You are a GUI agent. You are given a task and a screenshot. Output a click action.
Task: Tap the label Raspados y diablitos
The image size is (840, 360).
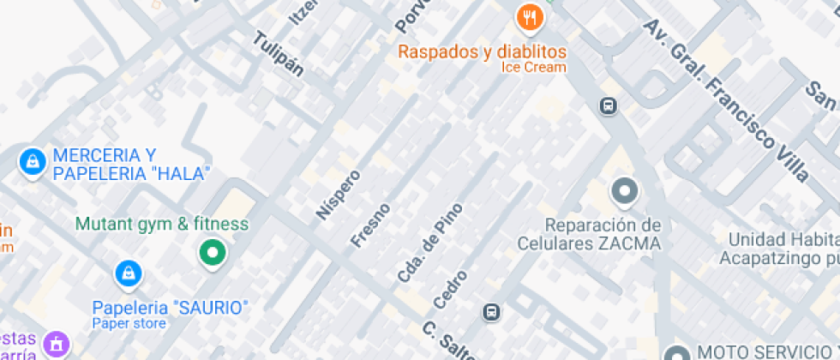pos(483,51)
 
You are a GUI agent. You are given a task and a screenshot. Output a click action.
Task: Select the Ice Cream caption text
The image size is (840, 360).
pos(533,68)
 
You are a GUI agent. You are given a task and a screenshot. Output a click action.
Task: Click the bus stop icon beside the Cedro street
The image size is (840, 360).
pos(492,312)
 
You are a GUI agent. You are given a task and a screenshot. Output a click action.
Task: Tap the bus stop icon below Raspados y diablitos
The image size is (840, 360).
pos(608,106)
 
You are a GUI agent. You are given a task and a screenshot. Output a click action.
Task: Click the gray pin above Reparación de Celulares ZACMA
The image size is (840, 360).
pos(624,191)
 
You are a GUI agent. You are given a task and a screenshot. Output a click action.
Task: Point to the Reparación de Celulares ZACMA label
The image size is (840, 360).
pos(590,234)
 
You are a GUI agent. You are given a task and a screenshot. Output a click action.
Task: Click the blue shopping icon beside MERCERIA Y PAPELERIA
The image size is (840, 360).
pos(33,160)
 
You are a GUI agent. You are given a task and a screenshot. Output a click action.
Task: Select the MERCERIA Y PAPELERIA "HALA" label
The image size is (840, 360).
pos(130,165)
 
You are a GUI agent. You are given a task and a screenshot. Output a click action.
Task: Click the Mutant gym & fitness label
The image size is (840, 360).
pos(162,225)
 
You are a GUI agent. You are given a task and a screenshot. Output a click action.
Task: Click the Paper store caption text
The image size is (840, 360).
pos(129,323)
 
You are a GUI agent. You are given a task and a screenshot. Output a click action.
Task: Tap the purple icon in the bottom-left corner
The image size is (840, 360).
pos(57,345)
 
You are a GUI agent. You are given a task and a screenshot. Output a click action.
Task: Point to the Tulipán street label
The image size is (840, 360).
pos(279,55)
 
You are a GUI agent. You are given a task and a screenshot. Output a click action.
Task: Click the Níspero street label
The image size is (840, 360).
pos(338,194)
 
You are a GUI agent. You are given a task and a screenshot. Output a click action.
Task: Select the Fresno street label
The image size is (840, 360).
pos(370,225)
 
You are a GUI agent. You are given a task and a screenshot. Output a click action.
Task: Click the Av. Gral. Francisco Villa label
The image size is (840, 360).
pos(727,100)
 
